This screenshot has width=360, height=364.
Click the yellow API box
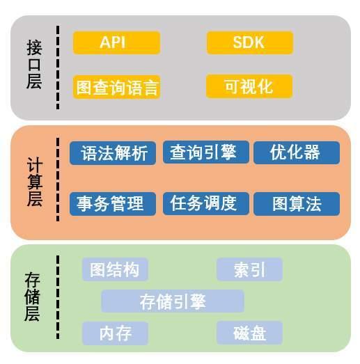[116, 42]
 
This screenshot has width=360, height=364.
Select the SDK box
[250, 42]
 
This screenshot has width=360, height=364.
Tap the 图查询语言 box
[116, 87]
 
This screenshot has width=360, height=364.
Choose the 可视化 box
[249, 86]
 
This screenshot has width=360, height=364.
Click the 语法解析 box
[113, 153]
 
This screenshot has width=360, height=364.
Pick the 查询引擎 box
[206, 152]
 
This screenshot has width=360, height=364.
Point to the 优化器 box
[297, 152]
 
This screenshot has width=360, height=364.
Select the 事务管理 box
[113, 204]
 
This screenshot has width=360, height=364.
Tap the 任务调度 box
[206, 204]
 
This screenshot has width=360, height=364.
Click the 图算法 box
[297, 204]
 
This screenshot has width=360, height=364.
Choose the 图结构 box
[115, 269]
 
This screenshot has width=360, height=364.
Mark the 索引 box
[250, 269]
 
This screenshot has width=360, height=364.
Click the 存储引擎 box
[173, 301]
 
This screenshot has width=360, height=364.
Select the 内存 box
[115, 333]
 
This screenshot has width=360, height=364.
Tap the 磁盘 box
[250, 333]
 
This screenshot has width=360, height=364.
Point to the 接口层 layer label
[34, 64]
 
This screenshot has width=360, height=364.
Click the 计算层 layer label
[35, 182]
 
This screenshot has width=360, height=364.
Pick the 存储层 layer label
[33, 297]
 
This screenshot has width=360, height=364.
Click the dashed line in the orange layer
[58, 179]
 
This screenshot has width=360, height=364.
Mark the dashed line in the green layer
[58, 297]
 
